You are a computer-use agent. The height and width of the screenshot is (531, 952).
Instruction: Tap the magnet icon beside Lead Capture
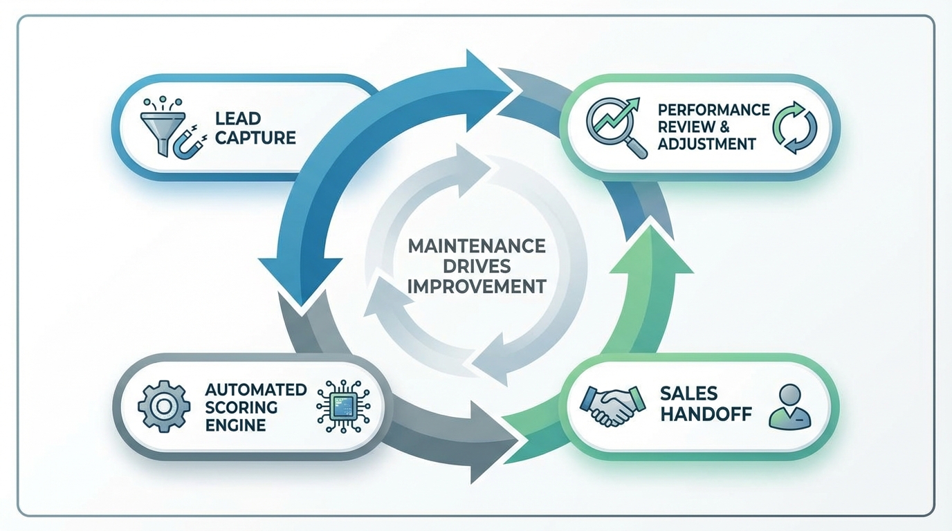click(186, 143)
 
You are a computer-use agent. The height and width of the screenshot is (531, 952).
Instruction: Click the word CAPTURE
click(255, 138)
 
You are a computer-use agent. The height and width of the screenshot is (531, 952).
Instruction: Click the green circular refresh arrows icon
click(794, 128)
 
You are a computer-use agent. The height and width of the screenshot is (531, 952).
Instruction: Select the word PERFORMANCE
click(713, 110)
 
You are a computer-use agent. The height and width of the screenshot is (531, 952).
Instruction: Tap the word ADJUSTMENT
click(706, 144)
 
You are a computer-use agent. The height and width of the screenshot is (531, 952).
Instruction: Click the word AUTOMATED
click(256, 389)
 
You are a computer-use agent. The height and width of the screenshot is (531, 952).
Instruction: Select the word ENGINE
click(235, 425)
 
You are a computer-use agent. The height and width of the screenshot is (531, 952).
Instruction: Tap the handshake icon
click(607, 405)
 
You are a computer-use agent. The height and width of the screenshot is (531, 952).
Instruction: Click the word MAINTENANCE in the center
click(477, 246)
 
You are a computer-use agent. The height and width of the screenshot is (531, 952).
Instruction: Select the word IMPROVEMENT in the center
click(477, 286)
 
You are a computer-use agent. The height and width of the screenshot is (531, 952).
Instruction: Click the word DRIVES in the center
click(477, 266)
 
